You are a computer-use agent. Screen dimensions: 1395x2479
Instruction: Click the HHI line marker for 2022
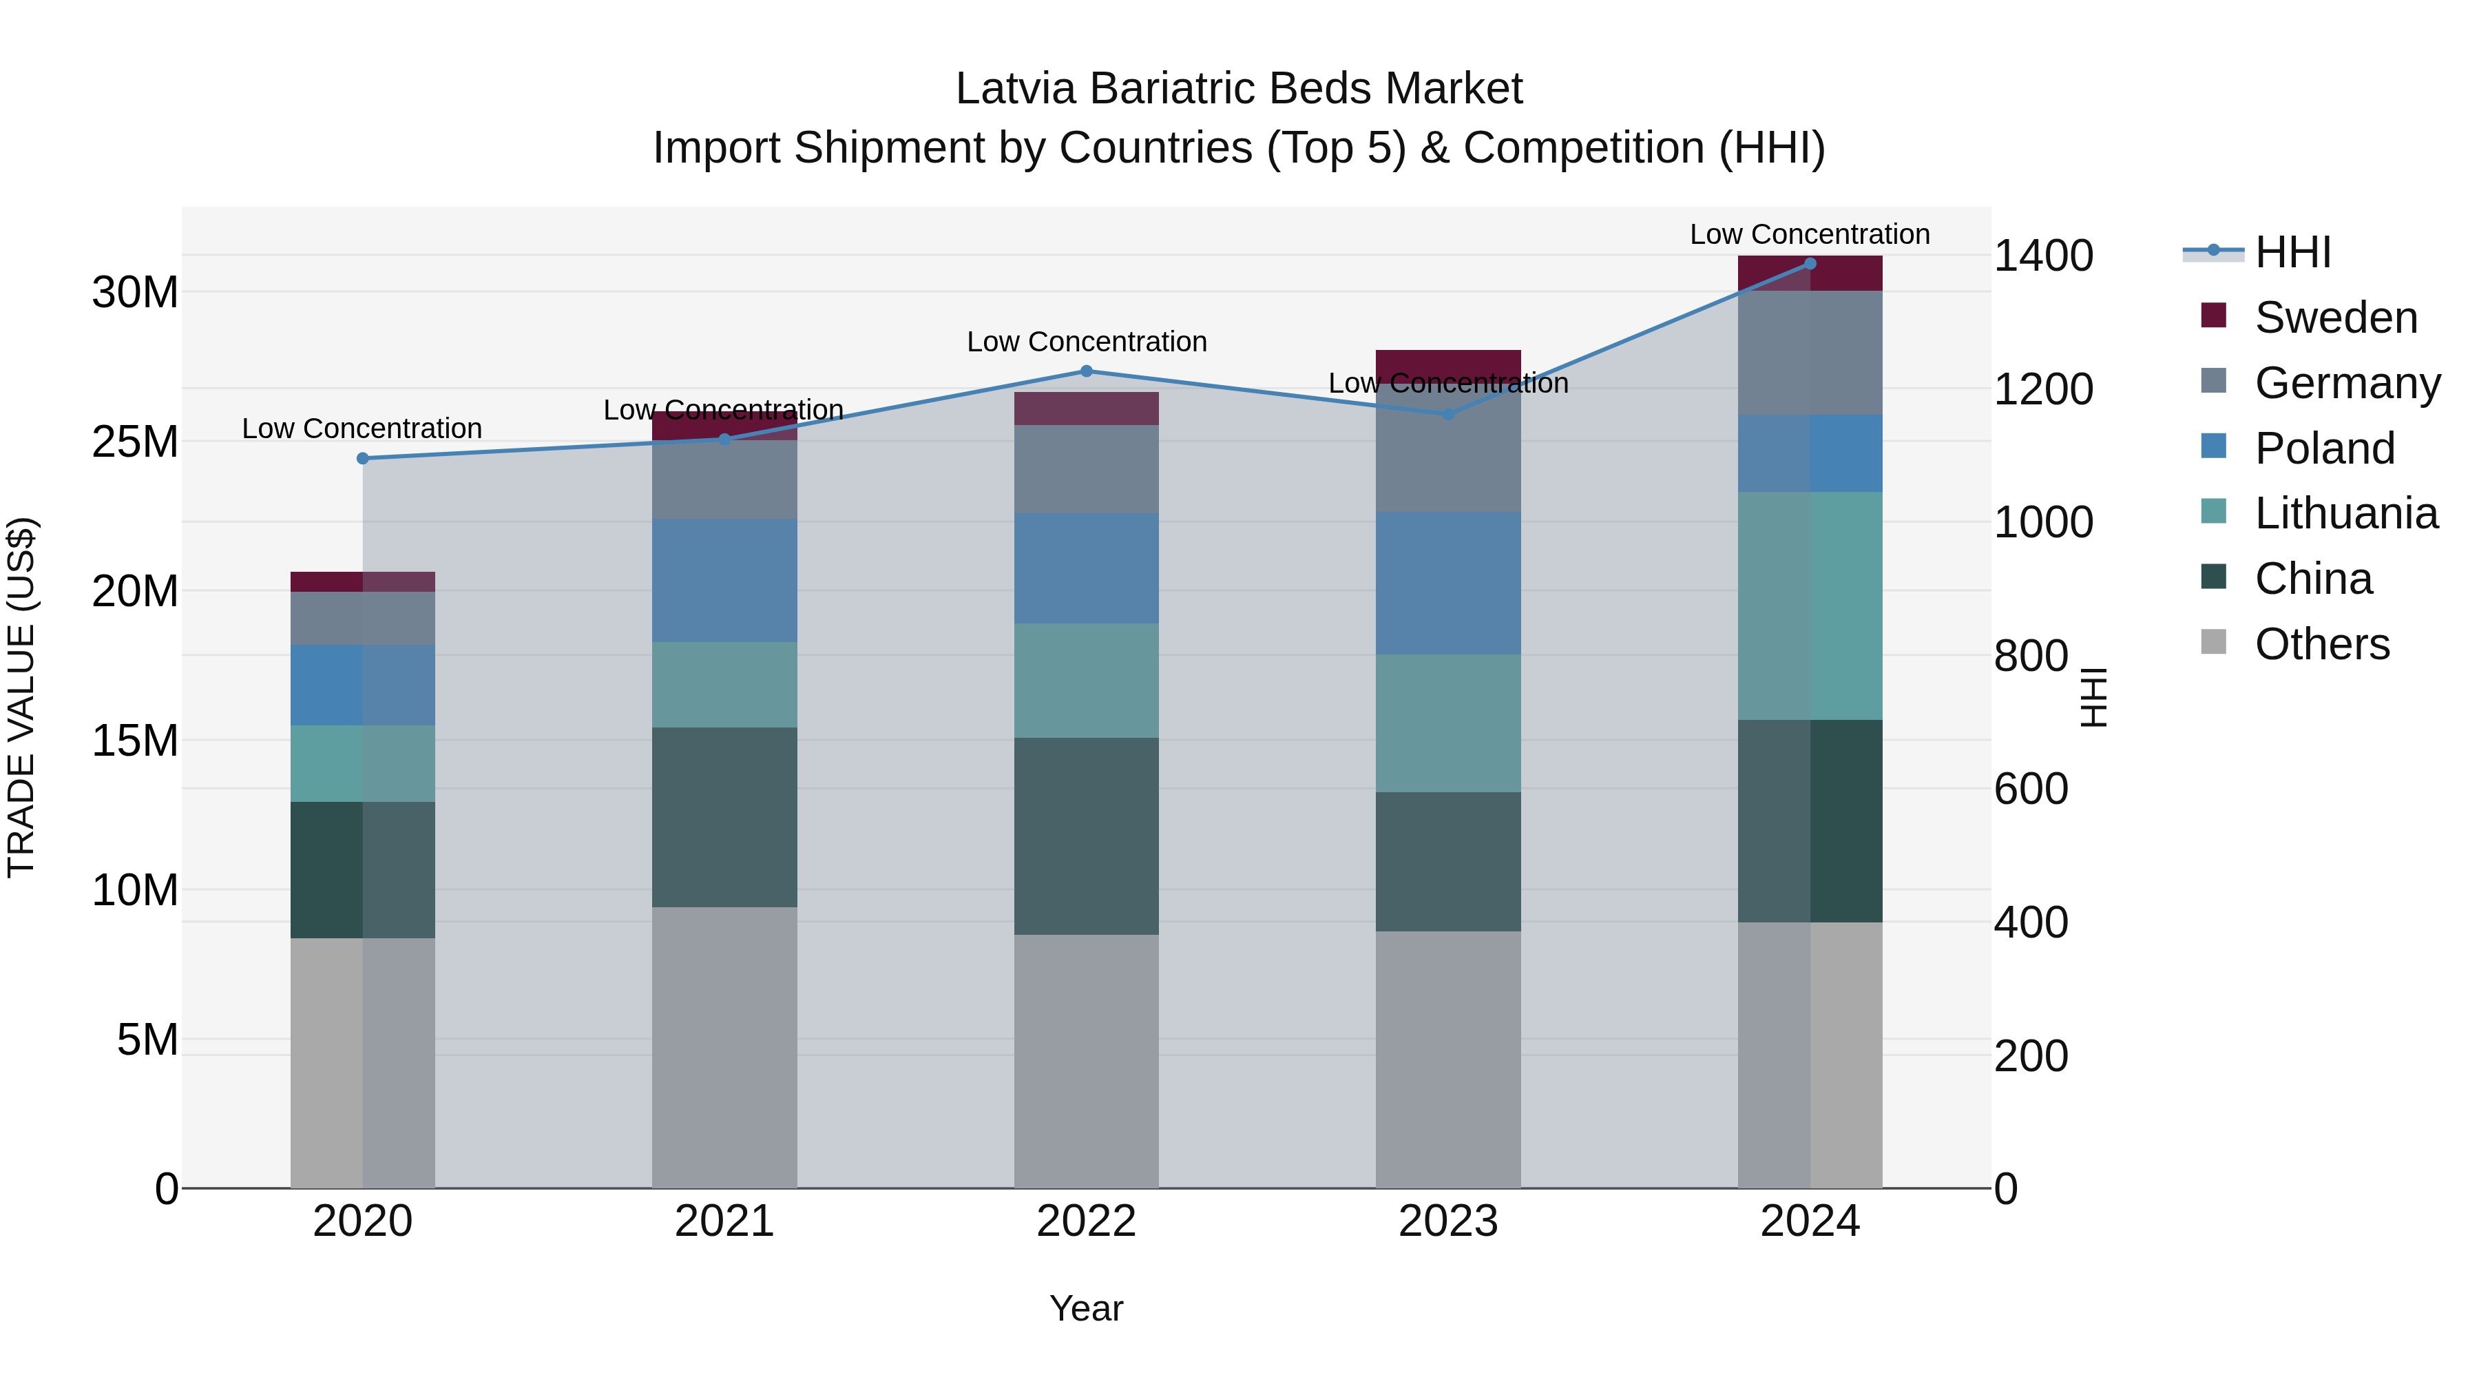click(1087, 371)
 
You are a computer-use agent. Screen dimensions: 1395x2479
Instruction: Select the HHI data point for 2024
click(1809, 264)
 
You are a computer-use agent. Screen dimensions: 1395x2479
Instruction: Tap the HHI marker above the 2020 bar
click(363, 458)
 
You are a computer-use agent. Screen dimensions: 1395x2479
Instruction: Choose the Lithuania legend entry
click(2345, 513)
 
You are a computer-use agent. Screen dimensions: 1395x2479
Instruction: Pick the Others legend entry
click(2321, 644)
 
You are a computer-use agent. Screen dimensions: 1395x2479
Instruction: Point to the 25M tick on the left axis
click(135, 442)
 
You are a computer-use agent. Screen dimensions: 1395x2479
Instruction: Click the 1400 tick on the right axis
click(2043, 256)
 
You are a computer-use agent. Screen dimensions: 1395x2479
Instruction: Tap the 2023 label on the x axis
click(1447, 1221)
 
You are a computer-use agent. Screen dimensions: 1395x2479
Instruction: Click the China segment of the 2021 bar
click(724, 816)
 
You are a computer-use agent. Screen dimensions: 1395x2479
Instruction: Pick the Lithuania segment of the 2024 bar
click(1809, 606)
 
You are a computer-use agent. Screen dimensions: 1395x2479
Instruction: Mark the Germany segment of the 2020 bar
click(363, 618)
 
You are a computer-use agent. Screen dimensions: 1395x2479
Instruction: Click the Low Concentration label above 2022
click(1087, 342)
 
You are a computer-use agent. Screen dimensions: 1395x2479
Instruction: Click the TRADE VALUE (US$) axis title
click(21, 697)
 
